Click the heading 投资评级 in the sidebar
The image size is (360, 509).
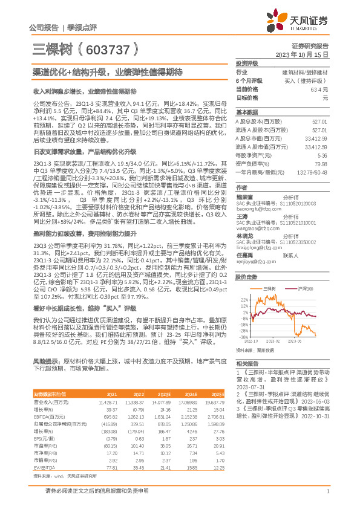(247, 63)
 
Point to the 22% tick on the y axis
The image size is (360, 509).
(244, 299)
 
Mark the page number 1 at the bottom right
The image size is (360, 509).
(327, 499)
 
